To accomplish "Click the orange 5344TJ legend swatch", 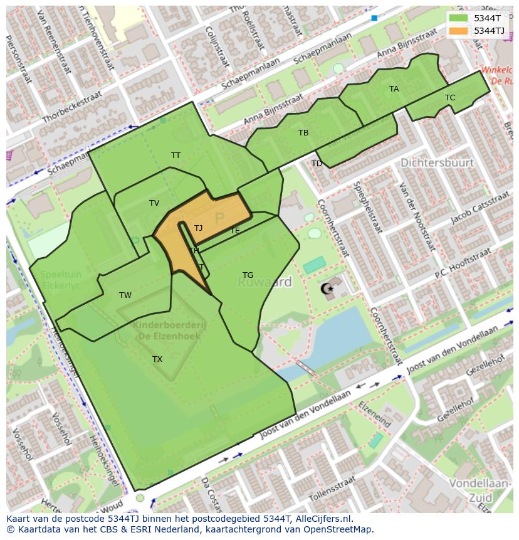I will tap(459, 31).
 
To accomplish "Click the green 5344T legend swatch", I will tap(459, 18).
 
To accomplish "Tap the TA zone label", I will tap(394, 89).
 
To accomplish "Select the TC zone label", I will tap(450, 98).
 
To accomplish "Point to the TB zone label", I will tap(303, 133).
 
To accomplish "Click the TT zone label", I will tap(176, 156).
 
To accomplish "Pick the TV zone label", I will tap(154, 203).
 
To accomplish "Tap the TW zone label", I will tap(125, 295).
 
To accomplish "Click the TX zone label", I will tap(157, 359).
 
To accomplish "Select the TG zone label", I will tap(248, 275).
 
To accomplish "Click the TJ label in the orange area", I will tap(198, 228).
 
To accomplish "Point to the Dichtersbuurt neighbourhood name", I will tap(437, 163).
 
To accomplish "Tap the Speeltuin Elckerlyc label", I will tap(61, 280).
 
